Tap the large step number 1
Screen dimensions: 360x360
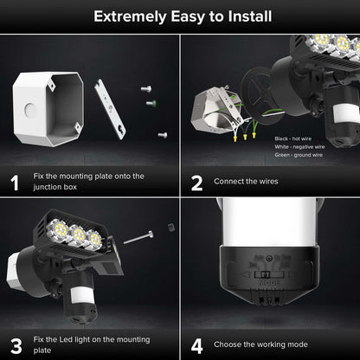coord(14,182)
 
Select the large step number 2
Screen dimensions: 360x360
coord(196,182)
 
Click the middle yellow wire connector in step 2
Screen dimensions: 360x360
coord(245,135)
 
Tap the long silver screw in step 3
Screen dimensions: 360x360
coord(138,236)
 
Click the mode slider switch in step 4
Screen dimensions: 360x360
coord(269,271)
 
